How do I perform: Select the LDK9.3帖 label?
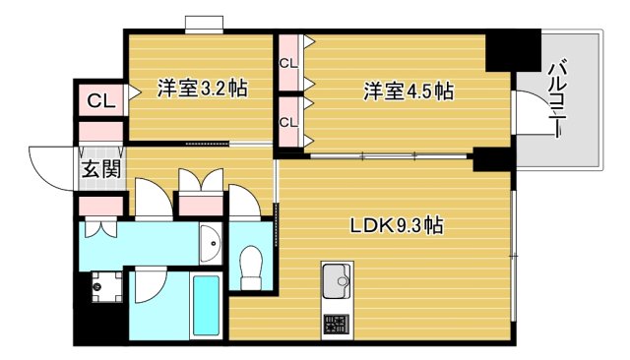click(396, 225)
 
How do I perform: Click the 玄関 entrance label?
click(101, 169)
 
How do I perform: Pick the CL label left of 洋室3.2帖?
click(100, 100)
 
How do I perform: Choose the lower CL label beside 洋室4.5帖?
click(287, 122)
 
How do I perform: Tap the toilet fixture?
click(251, 263)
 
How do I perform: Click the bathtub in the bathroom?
click(205, 306)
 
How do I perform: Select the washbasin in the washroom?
click(208, 241)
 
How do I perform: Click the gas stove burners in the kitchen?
click(335, 326)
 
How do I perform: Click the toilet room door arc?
click(243, 201)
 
